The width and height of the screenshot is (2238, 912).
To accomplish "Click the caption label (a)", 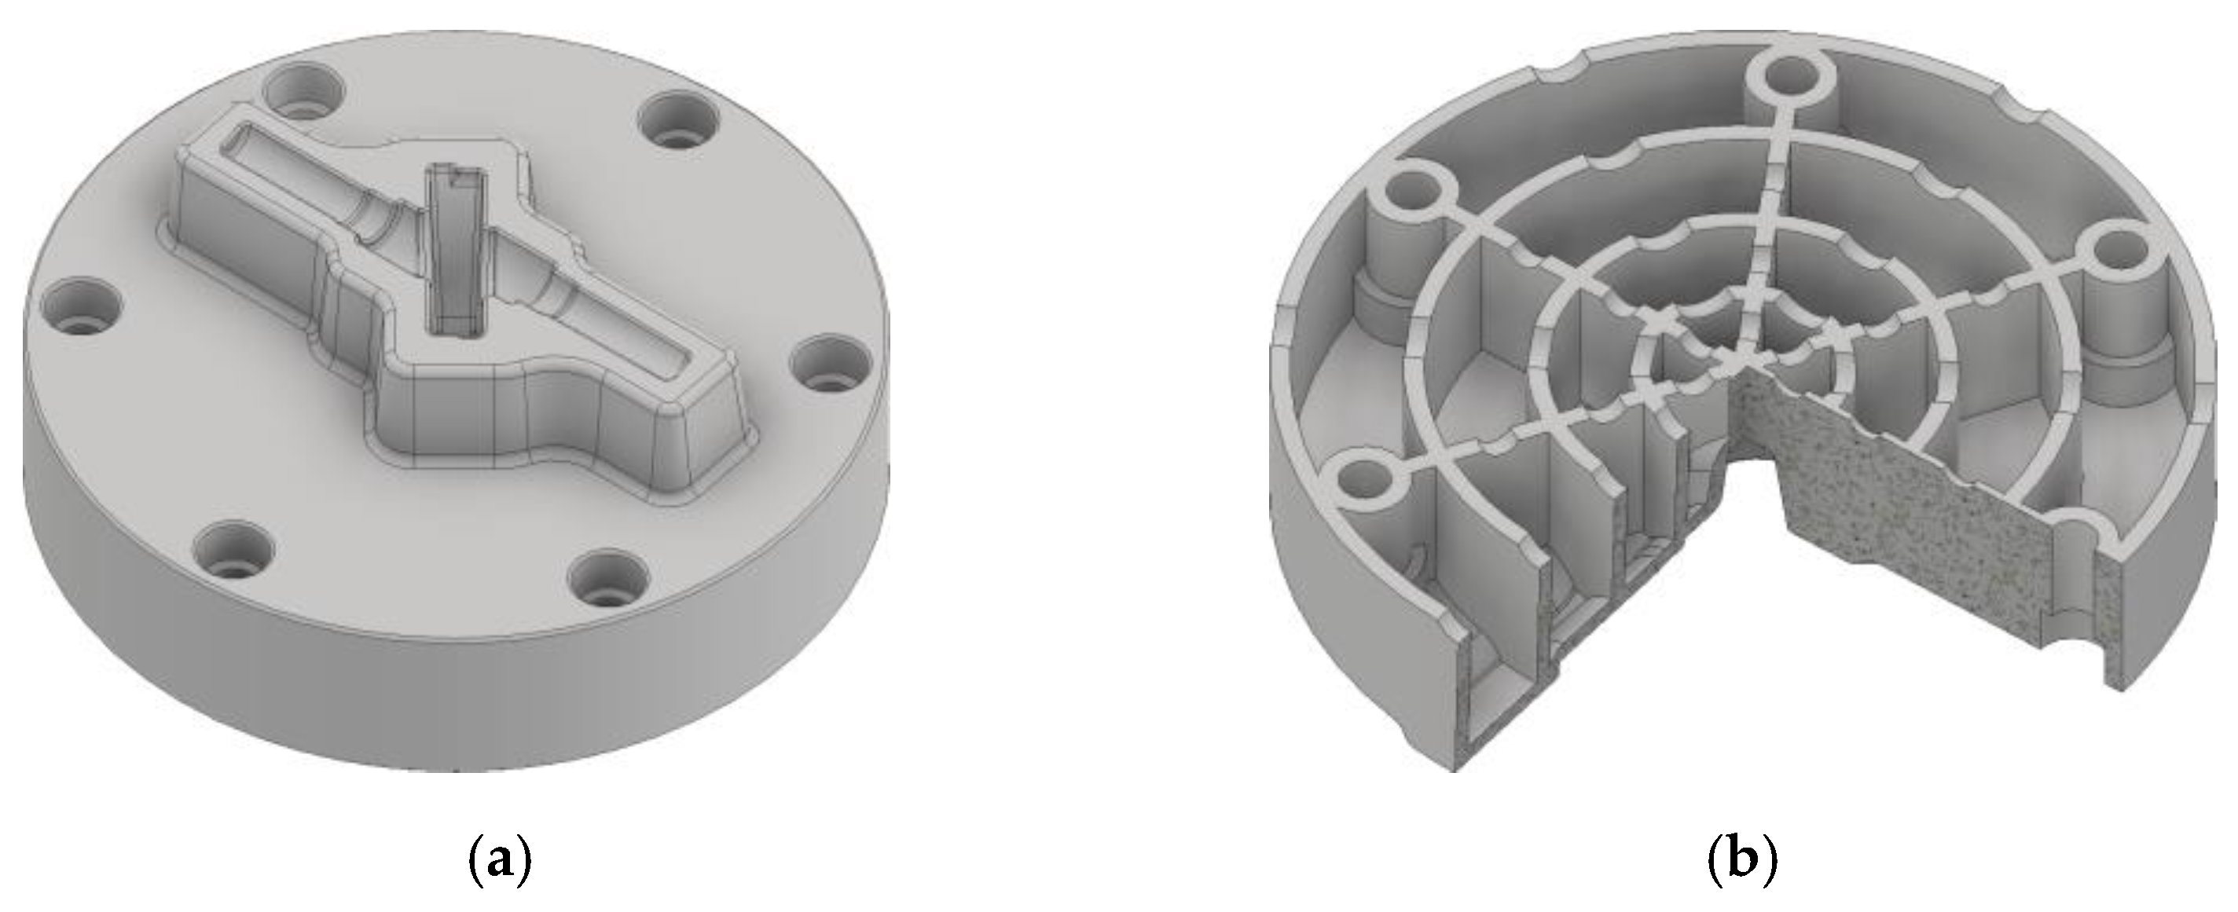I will (x=500, y=859).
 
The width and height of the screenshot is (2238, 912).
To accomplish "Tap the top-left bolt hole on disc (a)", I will (x=303, y=96).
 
